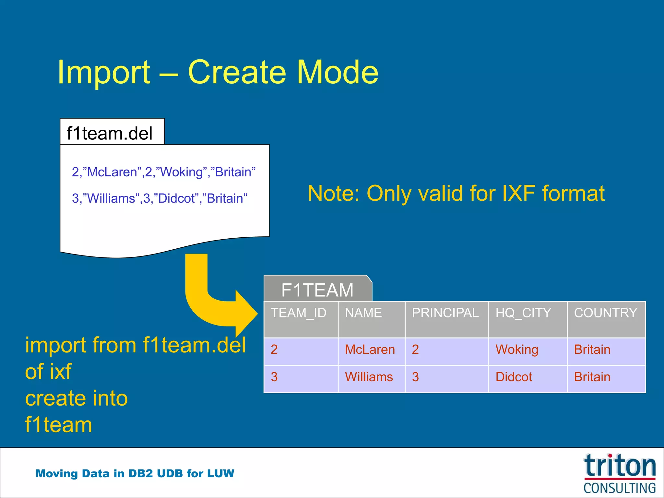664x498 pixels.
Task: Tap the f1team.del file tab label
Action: point(109,133)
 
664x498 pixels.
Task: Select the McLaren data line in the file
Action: point(163,172)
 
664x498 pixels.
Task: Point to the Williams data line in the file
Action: point(160,198)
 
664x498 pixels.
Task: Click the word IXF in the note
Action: point(518,193)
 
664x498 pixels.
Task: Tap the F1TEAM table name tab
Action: point(317,290)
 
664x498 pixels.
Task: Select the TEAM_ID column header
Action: point(299,313)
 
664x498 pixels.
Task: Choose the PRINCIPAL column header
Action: point(445,313)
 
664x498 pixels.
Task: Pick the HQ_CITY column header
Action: point(523,313)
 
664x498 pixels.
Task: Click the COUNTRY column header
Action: point(606,313)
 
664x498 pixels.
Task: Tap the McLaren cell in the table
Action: point(370,350)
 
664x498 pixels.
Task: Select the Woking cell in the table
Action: point(517,350)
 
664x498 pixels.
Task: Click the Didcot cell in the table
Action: point(514,377)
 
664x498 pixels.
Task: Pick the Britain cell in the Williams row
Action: point(592,377)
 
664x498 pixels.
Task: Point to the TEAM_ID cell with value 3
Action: point(274,377)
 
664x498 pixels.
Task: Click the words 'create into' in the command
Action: point(77,398)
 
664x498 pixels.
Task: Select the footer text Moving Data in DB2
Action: point(135,473)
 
